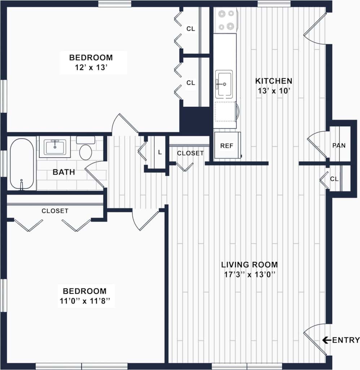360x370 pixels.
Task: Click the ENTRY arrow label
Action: click(x=341, y=340)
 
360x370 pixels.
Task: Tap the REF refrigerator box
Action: click(x=227, y=146)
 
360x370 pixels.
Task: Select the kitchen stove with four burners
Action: click(x=225, y=21)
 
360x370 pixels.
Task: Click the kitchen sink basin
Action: click(x=224, y=84)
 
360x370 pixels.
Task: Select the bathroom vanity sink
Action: click(x=55, y=147)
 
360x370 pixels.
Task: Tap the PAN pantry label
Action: click(x=339, y=146)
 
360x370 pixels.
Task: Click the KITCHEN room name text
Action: click(x=274, y=81)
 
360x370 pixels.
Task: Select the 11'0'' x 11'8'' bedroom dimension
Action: click(x=85, y=301)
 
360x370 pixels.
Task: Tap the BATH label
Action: click(x=64, y=172)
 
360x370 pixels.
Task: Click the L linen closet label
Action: click(x=160, y=152)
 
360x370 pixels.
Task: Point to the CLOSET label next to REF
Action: click(x=190, y=153)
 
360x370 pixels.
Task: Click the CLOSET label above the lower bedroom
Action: click(x=55, y=211)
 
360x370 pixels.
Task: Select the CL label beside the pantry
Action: click(x=334, y=179)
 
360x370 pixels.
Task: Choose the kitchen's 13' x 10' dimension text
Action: click(x=274, y=91)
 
